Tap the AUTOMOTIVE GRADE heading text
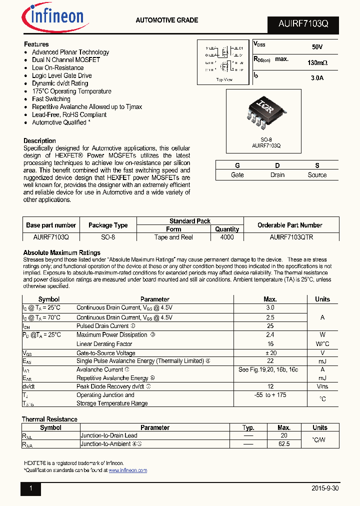(167, 20)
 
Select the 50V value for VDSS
(317, 46)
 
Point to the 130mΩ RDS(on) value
(317, 63)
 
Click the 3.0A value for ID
(317, 78)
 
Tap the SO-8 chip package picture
(263, 113)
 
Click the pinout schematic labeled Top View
(223, 61)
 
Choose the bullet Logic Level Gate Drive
(62, 75)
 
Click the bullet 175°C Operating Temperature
(71, 91)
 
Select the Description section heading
(39, 140)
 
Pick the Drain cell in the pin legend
(277, 175)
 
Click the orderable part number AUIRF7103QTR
(291, 237)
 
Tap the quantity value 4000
(227, 237)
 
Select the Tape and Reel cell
(173, 237)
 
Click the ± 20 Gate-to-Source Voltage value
(270, 352)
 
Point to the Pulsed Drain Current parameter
(102, 326)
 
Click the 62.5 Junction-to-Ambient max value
(283, 444)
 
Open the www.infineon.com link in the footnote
(127, 470)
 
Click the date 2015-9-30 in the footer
(324, 488)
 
